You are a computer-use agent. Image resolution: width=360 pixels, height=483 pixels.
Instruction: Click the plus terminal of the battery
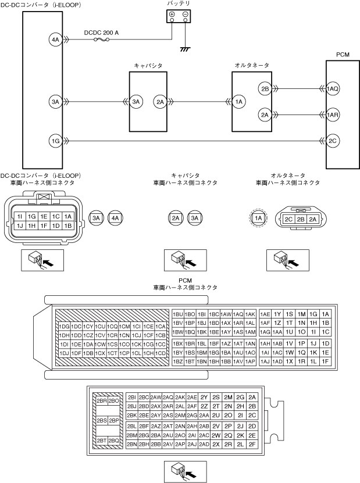pyautogui.click(x=172, y=14)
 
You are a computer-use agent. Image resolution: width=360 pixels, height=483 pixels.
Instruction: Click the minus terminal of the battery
pyautogui.click(x=184, y=14)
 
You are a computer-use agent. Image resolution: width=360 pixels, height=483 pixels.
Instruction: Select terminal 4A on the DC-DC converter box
pyautogui.click(x=56, y=40)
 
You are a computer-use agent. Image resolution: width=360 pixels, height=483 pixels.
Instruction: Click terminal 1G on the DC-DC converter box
pyautogui.click(x=56, y=141)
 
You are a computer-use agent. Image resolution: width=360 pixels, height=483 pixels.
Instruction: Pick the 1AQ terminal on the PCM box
pyautogui.click(x=333, y=89)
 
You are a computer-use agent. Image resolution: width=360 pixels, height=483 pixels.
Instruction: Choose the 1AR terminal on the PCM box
pyautogui.click(x=333, y=115)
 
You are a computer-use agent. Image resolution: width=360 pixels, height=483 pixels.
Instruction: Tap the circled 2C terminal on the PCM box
pyautogui.click(x=333, y=141)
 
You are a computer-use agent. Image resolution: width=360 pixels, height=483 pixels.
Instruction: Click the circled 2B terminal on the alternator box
pyautogui.click(x=265, y=89)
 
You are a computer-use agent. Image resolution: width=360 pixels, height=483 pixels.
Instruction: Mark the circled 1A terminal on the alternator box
pyautogui.click(x=240, y=102)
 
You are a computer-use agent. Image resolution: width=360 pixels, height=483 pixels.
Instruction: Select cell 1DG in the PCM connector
pyautogui.click(x=65, y=327)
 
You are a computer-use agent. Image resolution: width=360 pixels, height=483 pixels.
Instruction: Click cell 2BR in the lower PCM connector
pyautogui.click(x=101, y=400)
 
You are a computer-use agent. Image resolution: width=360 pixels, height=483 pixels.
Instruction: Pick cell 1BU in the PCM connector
pyautogui.click(x=178, y=314)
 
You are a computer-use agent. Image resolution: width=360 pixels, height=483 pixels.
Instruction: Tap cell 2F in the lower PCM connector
pyautogui.click(x=252, y=444)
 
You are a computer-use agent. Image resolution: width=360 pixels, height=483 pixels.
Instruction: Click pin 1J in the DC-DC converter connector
pyautogui.click(x=19, y=225)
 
